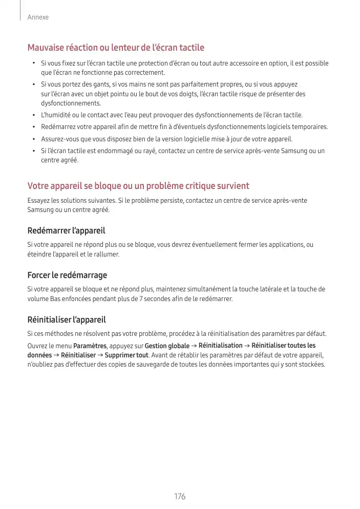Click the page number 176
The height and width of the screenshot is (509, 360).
tap(179, 497)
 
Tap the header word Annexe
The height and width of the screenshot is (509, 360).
tap(38, 17)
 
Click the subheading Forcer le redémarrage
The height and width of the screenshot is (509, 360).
tap(67, 275)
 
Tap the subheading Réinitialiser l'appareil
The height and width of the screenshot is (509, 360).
tap(67, 320)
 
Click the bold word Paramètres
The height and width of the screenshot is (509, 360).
tap(90, 346)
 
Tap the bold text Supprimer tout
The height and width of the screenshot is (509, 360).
tap(126, 355)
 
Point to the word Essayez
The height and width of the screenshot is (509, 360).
tap(38, 201)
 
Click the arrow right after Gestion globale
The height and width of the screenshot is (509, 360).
tap(195, 346)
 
